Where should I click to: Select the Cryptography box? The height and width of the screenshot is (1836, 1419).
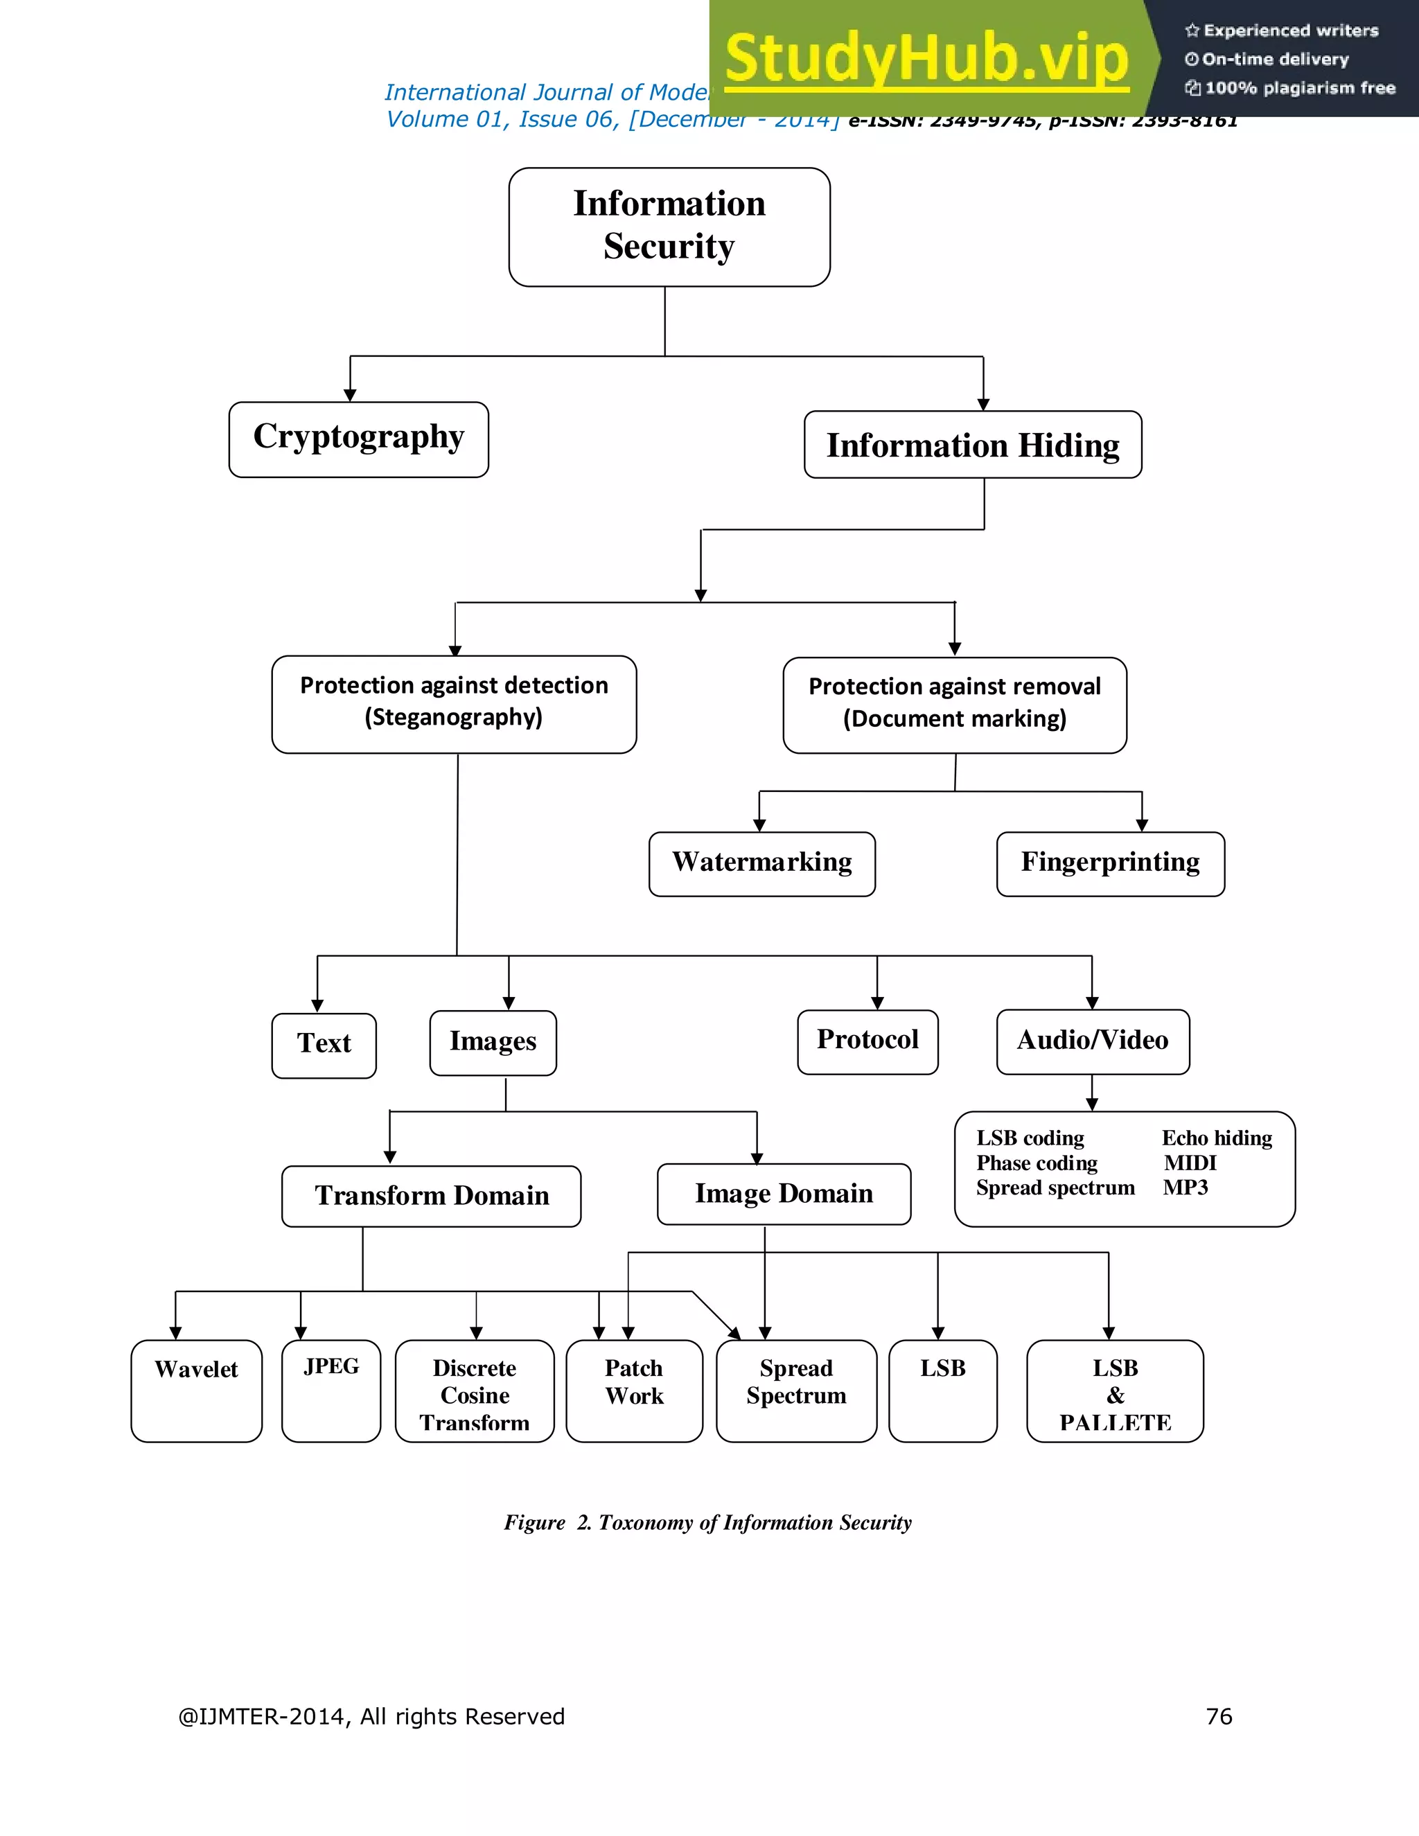(358, 439)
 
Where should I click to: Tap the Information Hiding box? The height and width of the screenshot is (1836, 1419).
(973, 445)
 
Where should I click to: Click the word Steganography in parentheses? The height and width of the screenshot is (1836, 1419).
(453, 717)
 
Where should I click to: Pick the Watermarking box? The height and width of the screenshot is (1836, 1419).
(761, 863)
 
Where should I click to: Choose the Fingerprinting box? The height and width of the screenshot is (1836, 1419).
(1110, 863)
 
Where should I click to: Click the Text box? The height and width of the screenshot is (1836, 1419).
(324, 1045)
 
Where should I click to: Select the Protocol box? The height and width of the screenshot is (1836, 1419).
(867, 1041)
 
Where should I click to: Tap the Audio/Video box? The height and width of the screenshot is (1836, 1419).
(1092, 1041)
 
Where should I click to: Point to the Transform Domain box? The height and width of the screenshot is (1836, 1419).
(431, 1195)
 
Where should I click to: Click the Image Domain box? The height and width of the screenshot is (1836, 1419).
(784, 1194)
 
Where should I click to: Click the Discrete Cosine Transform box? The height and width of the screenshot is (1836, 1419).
(474, 1395)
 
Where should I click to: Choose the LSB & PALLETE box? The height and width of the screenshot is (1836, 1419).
(1115, 1395)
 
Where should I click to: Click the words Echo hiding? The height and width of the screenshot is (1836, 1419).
(1217, 1138)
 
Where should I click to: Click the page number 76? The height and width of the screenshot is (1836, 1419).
(1218, 1715)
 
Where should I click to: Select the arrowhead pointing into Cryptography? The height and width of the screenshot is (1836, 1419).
(351, 395)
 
